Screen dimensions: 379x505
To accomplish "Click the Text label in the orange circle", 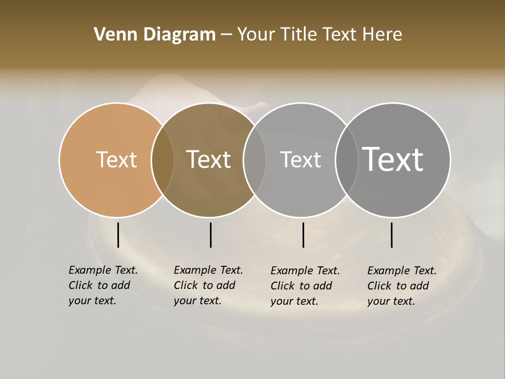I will click(116, 159).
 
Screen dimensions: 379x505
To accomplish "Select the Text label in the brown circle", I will click(208, 159).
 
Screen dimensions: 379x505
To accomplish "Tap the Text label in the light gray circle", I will click(300, 159).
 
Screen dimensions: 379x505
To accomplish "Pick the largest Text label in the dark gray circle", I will click(392, 159).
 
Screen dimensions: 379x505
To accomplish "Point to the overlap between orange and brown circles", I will click(163, 159).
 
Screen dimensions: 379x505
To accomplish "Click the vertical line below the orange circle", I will click(118, 235).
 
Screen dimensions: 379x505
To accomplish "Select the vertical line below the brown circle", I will click(210, 235).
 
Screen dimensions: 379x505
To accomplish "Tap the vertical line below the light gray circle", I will click(303, 235).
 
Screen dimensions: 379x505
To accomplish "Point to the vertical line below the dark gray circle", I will click(391, 235).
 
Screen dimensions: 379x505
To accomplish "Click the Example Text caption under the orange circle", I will click(103, 285).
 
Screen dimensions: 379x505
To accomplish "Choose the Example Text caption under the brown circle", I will click(208, 285).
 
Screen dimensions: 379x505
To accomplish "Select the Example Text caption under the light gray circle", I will click(305, 286).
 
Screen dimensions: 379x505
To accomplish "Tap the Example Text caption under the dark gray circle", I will click(401, 286).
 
